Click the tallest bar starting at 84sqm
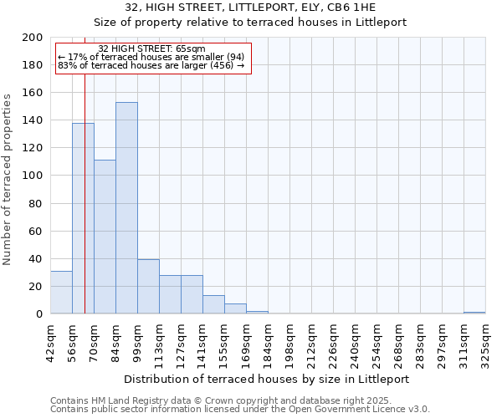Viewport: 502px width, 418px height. point(126,208)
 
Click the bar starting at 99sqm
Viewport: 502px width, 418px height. point(148,287)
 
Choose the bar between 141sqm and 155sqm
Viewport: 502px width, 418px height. point(213,305)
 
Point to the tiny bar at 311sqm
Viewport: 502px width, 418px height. point(474,313)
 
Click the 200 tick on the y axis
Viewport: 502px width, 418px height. point(33,38)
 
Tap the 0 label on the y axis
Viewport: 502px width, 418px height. point(38,314)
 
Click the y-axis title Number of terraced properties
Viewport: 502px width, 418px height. point(8,179)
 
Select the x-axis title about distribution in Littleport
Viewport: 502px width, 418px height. point(272,379)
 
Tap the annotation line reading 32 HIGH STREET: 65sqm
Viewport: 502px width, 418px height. point(151,49)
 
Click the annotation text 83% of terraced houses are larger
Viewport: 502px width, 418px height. point(151,65)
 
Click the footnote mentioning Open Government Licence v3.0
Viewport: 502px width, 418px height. point(240,409)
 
